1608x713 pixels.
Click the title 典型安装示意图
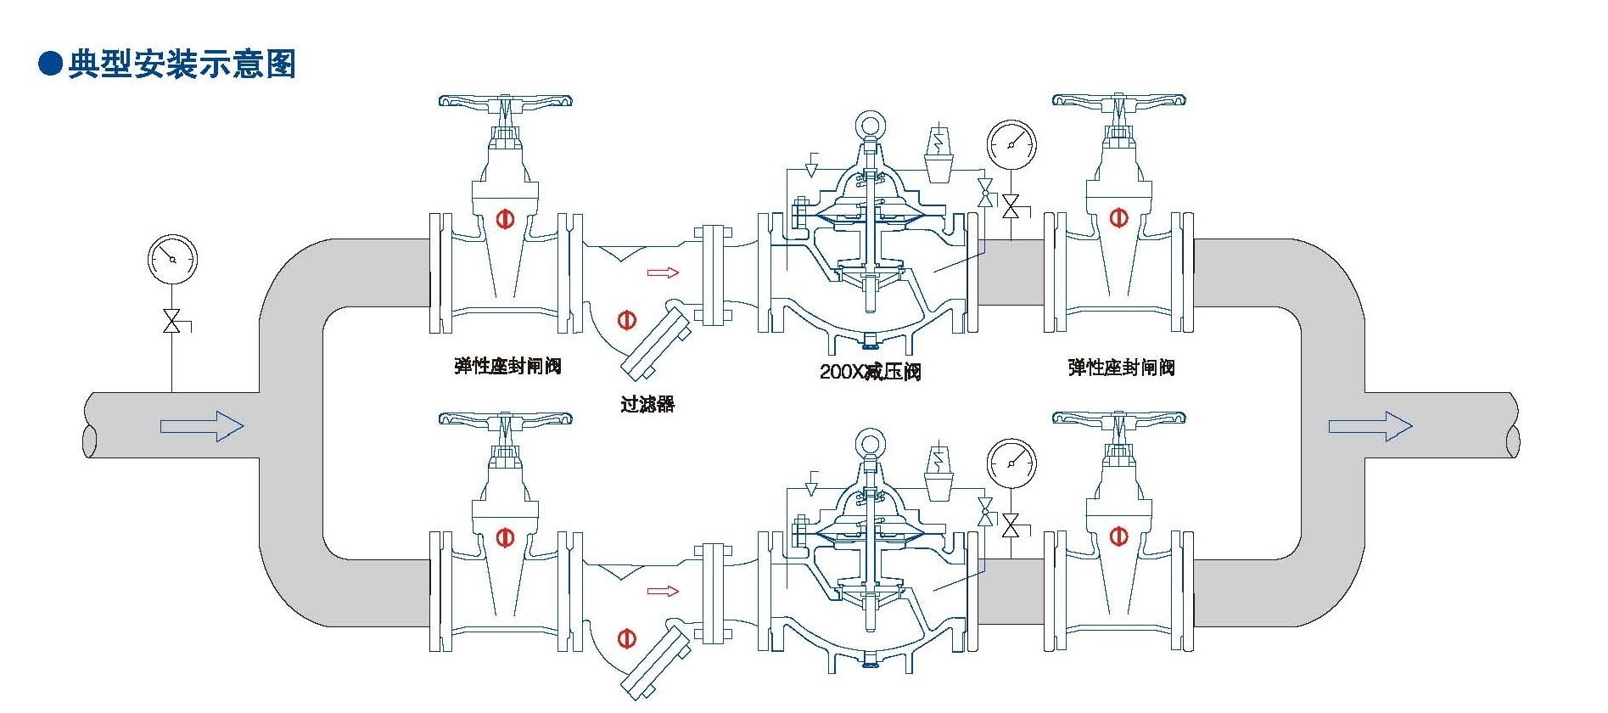coord(182,65)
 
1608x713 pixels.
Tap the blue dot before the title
coord(51,65)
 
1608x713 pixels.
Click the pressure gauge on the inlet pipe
coord(172,259)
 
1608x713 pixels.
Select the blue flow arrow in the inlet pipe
coord(202,425)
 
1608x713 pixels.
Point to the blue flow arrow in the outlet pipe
coord(1370,425)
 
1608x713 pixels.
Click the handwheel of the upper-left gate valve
coord(506,101)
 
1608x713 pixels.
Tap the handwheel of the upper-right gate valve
coord(1118,100)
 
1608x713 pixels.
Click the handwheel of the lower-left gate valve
coord(506,418)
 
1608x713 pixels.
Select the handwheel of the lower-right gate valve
coord(1118,418)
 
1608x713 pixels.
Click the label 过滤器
coord(647,404)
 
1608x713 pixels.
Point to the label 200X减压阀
coord(870,371)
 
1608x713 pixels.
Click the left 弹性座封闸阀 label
coord(507,366)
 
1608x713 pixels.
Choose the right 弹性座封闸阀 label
coord(1121,367)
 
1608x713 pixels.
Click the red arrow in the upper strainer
coord(663,272)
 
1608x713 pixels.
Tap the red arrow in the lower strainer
coord(663,591)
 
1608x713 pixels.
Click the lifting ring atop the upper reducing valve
coord(870,126)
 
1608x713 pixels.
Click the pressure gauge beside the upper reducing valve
coord(1011,145)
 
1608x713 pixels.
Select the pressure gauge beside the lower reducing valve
coord(1011,463)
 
